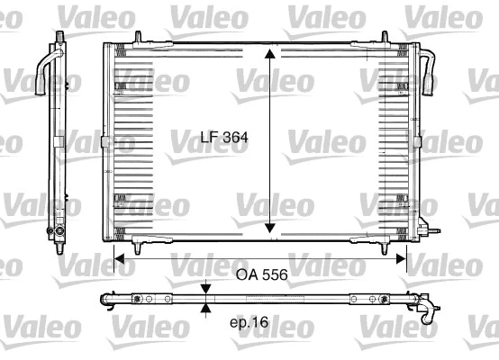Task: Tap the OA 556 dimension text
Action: coord(261,277)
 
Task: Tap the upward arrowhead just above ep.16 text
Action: coord(206,308)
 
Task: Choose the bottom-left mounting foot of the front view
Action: coord(135,244)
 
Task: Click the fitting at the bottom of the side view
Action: coord(58,231)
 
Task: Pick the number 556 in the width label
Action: coord(275,277)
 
